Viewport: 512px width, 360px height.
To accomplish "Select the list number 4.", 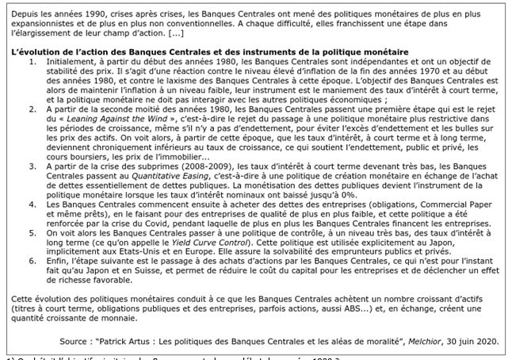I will [x=32, y=205].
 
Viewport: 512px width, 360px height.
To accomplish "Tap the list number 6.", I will [x=32, y=266].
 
